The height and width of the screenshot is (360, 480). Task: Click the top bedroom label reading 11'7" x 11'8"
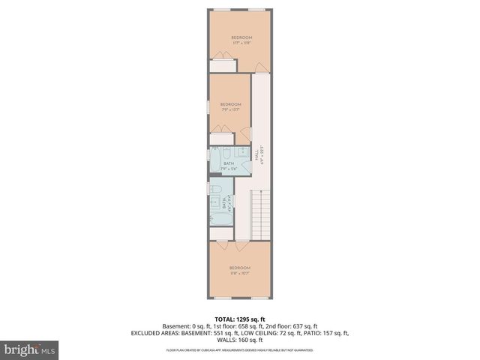click(x=241, y=40)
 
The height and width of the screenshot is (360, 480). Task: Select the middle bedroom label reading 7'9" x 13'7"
click(x=230, y=106)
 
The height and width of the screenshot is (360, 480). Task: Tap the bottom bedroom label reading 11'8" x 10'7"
click(x=240, y=271)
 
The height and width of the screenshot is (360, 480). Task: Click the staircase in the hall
click(x=259, y=213)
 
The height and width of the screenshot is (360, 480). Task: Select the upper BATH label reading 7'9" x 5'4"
click(x=229, y=166)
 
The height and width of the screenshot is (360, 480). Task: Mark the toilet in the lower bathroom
click(x=214, y=190)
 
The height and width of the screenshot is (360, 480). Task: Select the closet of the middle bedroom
click(x=222, y=139)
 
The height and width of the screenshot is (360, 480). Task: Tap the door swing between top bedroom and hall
click(x=259, y=69)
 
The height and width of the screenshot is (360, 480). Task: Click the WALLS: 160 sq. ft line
click(x=240, y=339)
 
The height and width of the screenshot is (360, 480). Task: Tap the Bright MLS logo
click(x=30, y=349)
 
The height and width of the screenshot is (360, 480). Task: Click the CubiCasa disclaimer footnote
click(x=240, y=350)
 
